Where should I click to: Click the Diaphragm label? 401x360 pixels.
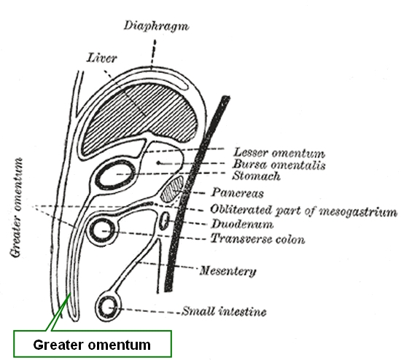tap(157, 26)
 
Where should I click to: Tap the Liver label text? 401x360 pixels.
tap(102, 58)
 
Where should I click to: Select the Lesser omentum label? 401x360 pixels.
tap(279, 153)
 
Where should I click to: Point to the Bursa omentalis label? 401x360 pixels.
tap(279, 165)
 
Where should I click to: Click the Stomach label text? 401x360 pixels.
tap(256, 176)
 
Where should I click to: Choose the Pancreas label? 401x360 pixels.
tap(238, 193)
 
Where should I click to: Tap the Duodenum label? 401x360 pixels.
tap(242, 224)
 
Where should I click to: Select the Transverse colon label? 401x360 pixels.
tap(258, 239)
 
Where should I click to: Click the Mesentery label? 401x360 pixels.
tap(228, 271)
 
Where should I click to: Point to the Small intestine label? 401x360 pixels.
tap(224, 311)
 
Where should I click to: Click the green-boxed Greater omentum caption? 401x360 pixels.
tap(92, 345)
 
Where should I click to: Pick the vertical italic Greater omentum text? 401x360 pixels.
tap(16, 208)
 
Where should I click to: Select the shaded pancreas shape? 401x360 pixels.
tap(171, 189)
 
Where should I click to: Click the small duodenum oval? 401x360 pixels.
tap(164, 221)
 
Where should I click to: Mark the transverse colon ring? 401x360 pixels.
tap(93, 230)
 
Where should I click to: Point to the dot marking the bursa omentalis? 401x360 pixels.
tap(158, 163)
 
